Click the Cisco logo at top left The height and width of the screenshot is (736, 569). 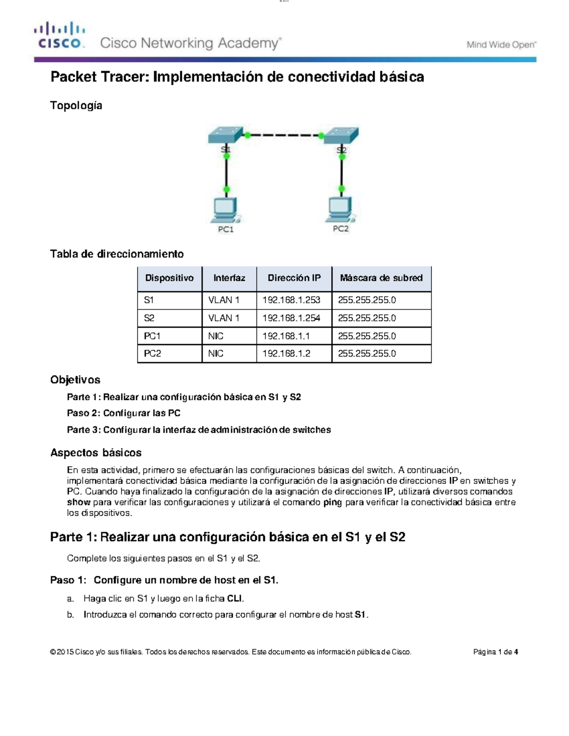pos(59,35)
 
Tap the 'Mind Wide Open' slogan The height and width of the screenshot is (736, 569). pos(501,45)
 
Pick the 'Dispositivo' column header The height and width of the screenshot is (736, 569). pos(169,278)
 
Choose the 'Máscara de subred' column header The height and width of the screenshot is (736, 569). pos(381,278)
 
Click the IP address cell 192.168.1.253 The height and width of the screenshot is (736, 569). pos(291,300)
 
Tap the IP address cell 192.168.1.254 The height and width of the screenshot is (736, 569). pos(291,318)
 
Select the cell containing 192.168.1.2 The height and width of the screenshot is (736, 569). pos(286,354)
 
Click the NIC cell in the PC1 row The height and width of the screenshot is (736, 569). pos(216,336)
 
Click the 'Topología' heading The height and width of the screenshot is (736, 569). pos(76,105)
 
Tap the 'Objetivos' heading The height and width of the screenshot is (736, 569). pos(75,380)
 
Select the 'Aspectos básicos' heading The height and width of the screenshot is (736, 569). pos(96,453)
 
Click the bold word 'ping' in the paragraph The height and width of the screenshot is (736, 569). pos(332,502)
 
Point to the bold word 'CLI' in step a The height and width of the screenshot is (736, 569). pos(235,599)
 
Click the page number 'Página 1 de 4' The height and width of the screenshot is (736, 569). pos(495,652)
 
